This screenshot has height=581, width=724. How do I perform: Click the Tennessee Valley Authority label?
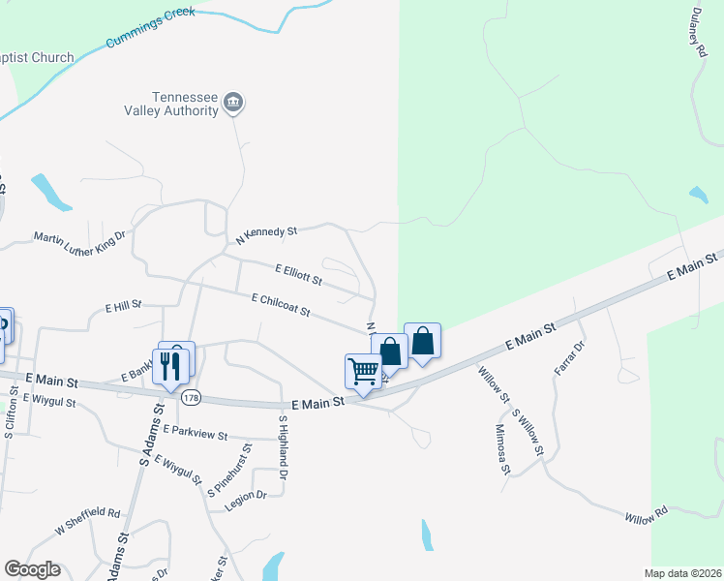(x=185, y=104)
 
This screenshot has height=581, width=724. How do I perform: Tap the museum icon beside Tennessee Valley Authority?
(x=232, y=103)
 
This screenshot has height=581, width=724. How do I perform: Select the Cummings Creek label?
(x=153, y=28)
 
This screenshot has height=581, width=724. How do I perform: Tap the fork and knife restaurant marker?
(x=170, y=366)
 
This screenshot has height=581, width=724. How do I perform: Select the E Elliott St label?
(x=298, y=276)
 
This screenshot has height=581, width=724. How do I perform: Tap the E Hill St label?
(x=124, y=305)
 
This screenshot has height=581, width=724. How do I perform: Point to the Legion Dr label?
(x=246, y=496)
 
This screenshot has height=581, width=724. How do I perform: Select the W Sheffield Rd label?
(x=87, y=521)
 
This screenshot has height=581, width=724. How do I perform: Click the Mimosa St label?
(x=502, y=449)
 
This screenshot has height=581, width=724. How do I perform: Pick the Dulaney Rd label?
(x=697, y=45)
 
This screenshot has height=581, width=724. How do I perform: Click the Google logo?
(x=32, y=569)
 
